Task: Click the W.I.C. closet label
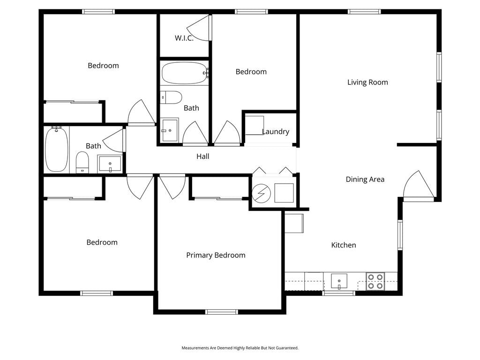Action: point(184,38)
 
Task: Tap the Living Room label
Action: point(367,82)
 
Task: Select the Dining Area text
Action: point(365,180)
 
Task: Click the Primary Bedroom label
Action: point(216,255)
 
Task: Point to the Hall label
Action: point(203,157)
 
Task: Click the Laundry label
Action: point(276,132)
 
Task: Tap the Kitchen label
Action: point(344,245)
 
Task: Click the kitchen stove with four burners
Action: point(375,281)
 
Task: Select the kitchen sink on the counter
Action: point(339,281)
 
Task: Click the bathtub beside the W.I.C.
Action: point(185,73)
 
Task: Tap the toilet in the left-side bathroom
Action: point(82,162)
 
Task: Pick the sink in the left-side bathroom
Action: point(110,164)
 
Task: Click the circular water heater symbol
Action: point(262,194)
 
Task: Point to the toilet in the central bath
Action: point(171,97)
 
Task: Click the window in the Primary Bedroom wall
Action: point(222,312)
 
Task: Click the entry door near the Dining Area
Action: point(418,185)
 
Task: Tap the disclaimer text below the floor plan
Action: point(240,348)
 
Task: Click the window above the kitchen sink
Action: point(338,293)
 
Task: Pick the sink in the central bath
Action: point(170,130)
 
